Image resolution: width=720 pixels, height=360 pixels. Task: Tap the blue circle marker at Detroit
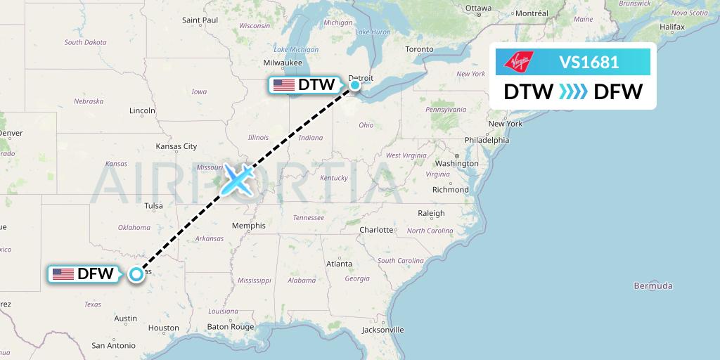pos(355,85)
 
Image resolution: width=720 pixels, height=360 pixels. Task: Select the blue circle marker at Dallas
pos(136,274)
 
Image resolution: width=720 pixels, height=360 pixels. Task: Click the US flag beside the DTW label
pos(283,85)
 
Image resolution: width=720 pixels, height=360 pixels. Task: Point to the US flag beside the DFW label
pos(63,274)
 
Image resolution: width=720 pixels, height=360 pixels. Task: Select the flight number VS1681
pos(589,63)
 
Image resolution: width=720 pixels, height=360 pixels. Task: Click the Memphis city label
pos(250,226)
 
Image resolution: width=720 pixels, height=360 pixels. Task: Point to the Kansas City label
pos(176,146)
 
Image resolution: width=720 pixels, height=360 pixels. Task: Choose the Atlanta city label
pos(339,264)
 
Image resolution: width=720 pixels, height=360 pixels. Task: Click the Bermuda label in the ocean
pos(652,285)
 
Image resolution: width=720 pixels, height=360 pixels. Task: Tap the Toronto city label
pos(419,49)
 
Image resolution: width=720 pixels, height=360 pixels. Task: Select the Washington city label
pos(456,163)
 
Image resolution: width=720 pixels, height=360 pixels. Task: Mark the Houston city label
pos(164,328)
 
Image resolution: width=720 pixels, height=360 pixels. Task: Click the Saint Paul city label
pos(199,20)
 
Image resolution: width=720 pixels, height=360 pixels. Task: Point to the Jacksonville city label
pos(384,329)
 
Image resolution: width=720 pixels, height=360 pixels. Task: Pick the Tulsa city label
pos(153,206)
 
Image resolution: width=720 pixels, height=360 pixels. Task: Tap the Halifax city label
pos(672,27)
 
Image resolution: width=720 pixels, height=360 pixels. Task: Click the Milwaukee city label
pos(283,63)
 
